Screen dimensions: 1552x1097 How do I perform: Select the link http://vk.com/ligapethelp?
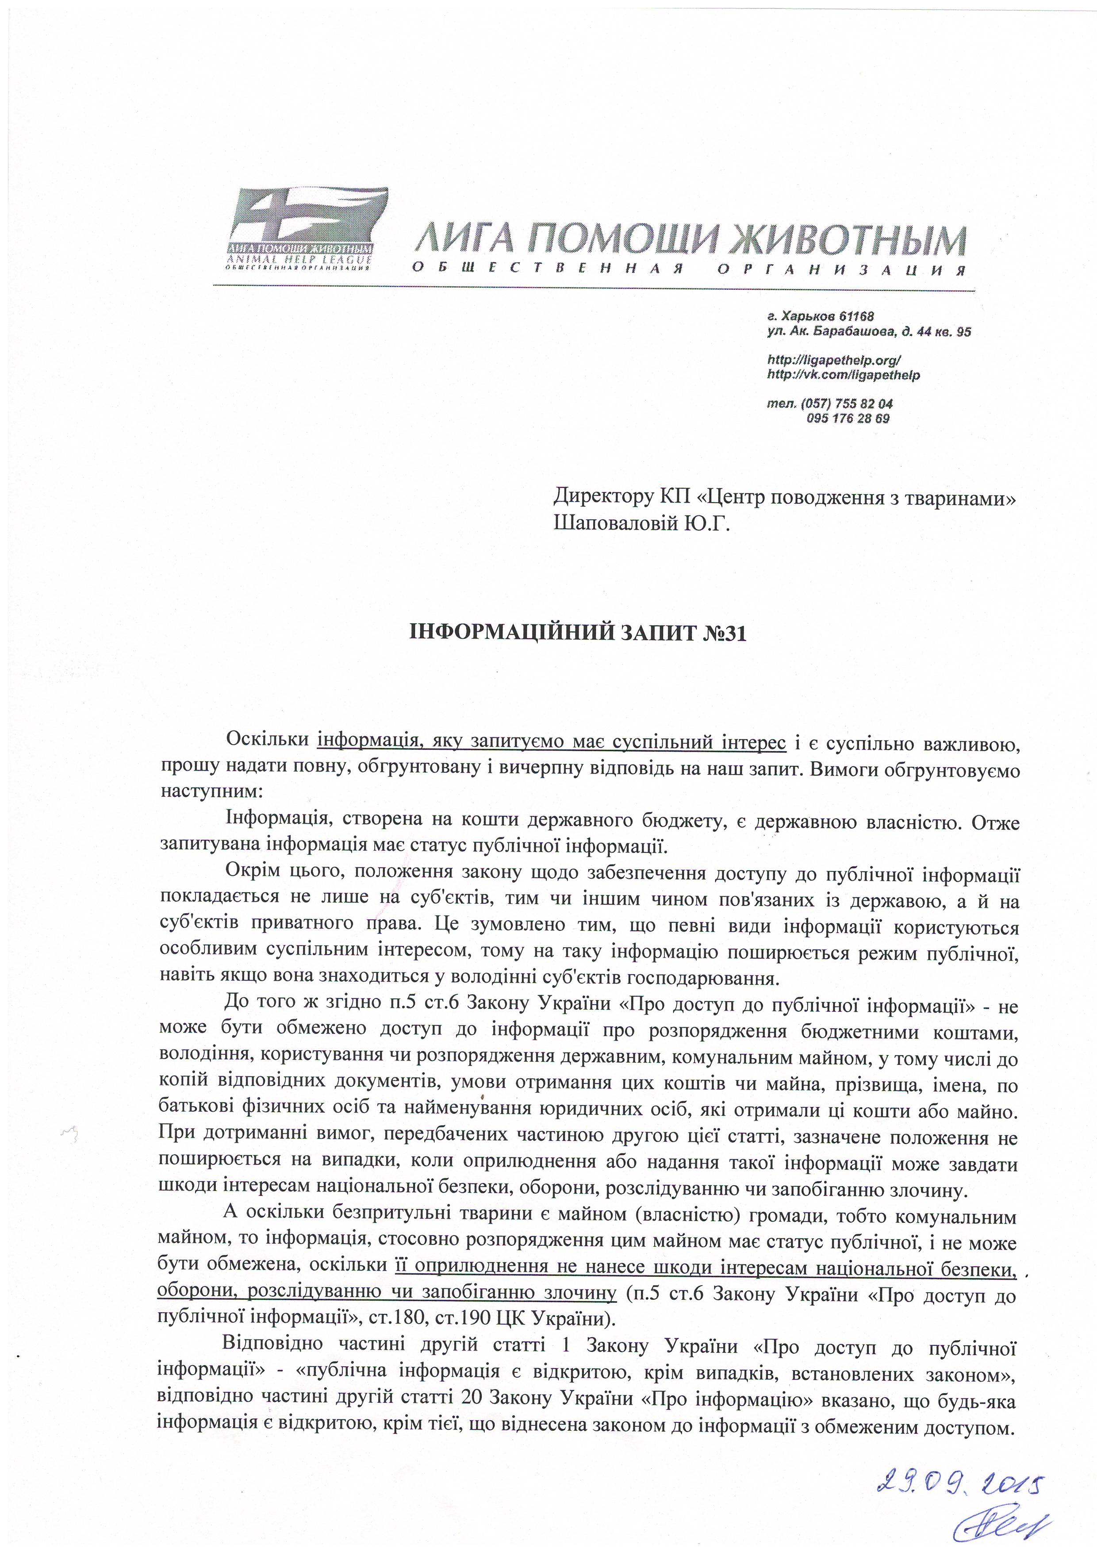click(844, 374)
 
